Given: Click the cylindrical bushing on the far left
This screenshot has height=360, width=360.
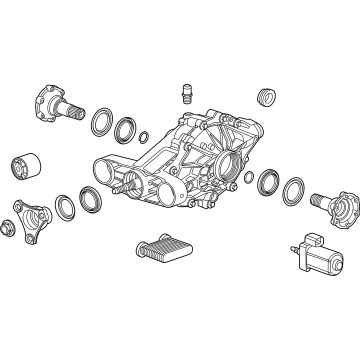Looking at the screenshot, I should (24, 168).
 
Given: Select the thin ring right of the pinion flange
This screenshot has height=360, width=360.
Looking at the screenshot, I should (63, 207).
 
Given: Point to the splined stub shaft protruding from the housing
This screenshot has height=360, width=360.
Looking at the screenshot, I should (121, 186).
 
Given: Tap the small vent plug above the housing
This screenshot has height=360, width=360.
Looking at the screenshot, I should (186, 96).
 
